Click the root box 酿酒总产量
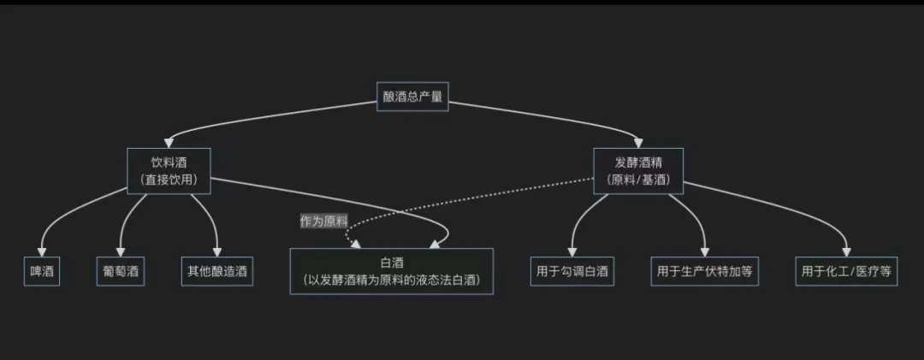413,96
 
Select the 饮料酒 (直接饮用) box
169,169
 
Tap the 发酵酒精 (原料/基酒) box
638,169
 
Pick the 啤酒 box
40,272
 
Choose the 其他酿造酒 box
217,272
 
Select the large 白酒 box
392,272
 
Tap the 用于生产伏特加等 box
704,272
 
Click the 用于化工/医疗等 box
846,272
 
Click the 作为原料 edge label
323,221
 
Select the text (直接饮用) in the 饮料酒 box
169,180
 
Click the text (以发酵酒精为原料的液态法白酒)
392,280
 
